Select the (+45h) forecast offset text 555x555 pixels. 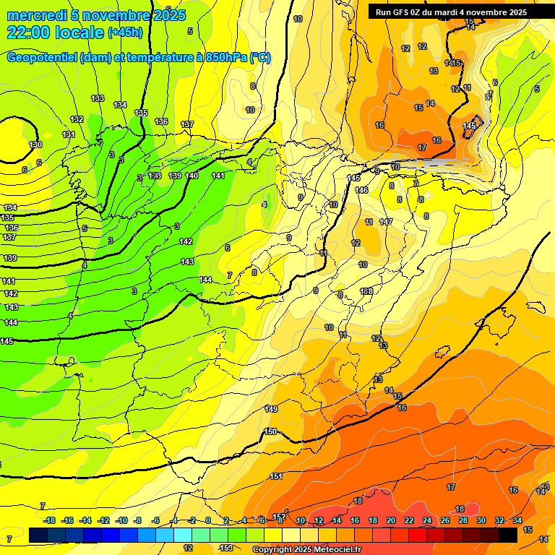tap(126, 33)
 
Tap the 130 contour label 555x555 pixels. tap(35, 145)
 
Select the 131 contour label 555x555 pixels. tap(69, 134)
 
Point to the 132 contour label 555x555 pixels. tap(77, 119)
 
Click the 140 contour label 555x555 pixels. tap(192, 176)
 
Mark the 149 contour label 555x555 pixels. tap(271, 409)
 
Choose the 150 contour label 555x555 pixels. tap(270, 431)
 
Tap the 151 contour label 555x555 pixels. tap(276, 476)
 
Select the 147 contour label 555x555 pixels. tap(386, 222)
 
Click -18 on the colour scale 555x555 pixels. tap(49, 520)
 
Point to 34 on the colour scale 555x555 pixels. tap(517, 520)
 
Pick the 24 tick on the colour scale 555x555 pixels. tap(427, 520)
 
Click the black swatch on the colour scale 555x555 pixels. tap(508, 535)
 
